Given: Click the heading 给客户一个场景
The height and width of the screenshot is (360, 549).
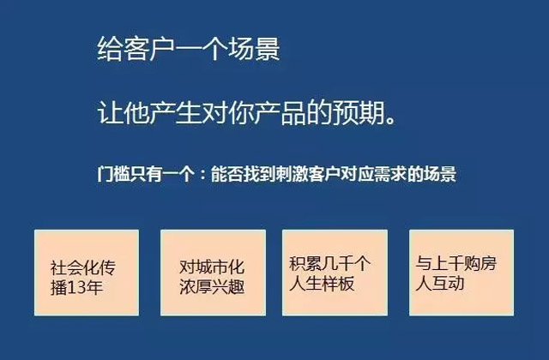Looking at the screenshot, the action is click(x=189, y=48).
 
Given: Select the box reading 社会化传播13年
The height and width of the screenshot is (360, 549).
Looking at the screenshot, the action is click(x=87, y=273).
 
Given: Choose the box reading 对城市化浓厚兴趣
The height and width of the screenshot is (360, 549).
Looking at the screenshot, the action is click(x=213, y=273).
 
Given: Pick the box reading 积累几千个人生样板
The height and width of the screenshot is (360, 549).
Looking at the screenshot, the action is click(x=335, y=273).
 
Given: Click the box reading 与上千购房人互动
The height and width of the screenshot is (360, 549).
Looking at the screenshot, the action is click(x=462, y=273).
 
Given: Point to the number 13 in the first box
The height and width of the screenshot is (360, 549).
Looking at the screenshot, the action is click(x=76, y=288).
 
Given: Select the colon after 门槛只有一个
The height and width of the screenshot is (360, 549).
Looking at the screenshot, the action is click(x=202, y=175).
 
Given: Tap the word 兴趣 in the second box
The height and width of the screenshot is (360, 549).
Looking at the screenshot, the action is click(x=228, y=287).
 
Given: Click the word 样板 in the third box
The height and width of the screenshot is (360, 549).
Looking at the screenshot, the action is click(x=338, y=283).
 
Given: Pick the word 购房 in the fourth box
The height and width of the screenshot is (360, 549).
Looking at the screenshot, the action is click(x=480, y=263).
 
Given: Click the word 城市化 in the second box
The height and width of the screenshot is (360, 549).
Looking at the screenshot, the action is click(x=220, y=267).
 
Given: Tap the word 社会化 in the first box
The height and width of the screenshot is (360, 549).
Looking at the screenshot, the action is click(x=75, y=268).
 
